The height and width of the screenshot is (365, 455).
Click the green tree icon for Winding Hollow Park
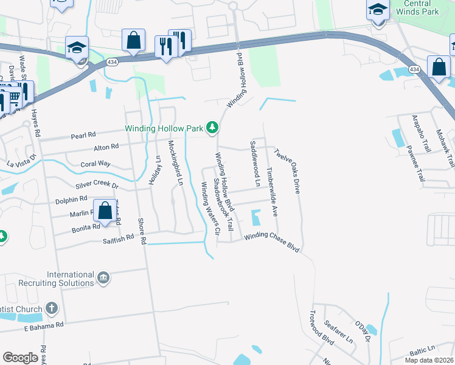tap(212, 128)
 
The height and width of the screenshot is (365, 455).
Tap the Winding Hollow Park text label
tap(164, 128)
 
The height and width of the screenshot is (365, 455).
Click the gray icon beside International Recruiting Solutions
tap(103, 278)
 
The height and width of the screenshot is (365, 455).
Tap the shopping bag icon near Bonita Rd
tap(105, 210)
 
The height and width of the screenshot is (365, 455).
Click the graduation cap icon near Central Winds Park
tap(378, 10)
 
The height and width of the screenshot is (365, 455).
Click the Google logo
tap(20, 357)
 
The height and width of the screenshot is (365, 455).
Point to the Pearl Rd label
tap(84, 134)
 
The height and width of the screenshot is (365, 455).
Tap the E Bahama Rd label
tap(44, 327)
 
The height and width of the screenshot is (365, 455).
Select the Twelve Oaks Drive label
tap(288, 171)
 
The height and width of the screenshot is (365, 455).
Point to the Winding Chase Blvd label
tap(273, 241)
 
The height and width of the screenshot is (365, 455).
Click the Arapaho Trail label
tap(417, 131)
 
